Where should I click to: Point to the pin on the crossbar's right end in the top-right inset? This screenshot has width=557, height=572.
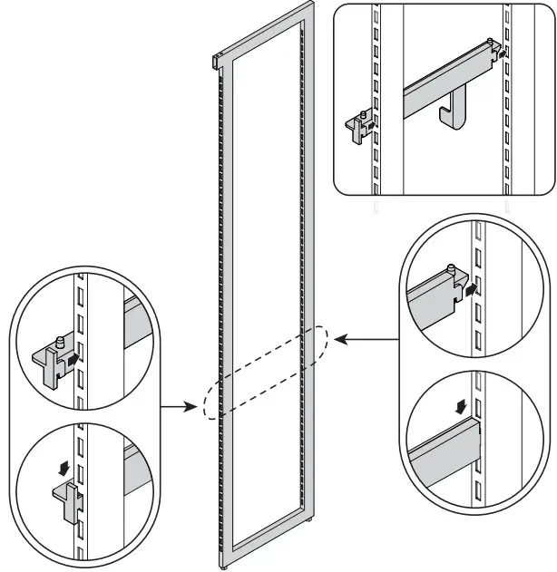pos(490,42)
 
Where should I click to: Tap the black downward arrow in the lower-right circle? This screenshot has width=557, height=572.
pos(463,401)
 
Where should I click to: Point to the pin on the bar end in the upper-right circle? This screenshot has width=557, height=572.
pos(451,267)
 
